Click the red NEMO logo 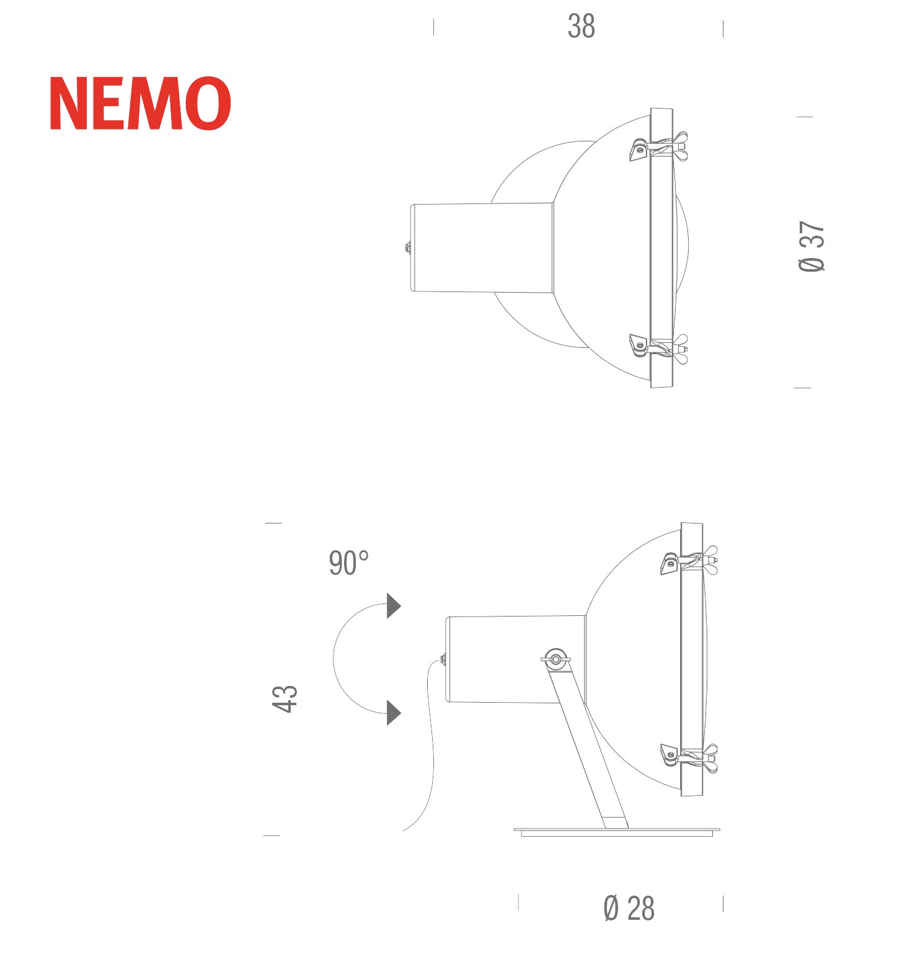click(141, 104)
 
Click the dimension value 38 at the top click(581, 27)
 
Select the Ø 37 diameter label click(811, 246)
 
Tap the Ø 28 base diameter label click(629, 909)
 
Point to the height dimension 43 click(285, 699)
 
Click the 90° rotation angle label click(348, 563)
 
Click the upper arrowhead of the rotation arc click(394, 606)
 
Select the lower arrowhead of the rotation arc click(394, 712)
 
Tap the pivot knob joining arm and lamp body click(555, 658)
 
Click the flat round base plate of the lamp click(618, 832)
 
